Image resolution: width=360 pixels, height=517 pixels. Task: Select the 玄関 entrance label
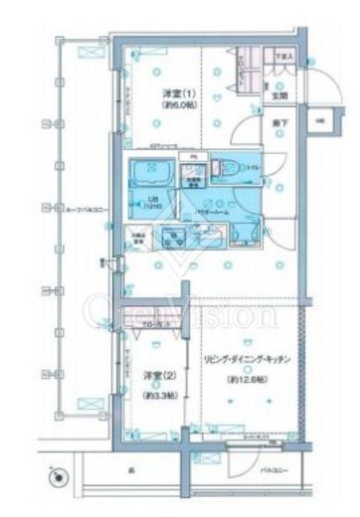point(280,95)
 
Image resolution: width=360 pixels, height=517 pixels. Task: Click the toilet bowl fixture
point(227,170)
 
